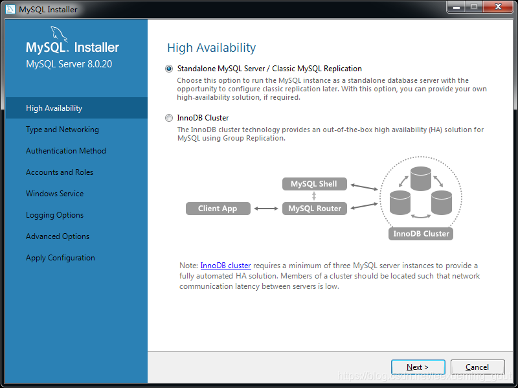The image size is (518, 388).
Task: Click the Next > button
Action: [418, 367]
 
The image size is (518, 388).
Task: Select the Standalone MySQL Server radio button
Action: [170, 69]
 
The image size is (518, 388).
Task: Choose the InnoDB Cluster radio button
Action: [170, 118]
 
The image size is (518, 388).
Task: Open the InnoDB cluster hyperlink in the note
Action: [225, 266]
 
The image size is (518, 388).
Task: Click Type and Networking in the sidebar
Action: [62, 130]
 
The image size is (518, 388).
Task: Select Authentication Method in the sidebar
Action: [65, 151]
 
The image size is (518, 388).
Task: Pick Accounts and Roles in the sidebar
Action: [59, 172]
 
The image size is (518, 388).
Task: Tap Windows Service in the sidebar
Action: [54, 194]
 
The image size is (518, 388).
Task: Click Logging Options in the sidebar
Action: [54, 215]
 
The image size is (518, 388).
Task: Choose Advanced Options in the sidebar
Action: [58, 236]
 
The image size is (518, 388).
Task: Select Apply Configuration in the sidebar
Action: [60, 258]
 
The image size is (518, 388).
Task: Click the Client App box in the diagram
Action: [218, 209]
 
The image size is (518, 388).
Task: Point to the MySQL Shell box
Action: [314, 184]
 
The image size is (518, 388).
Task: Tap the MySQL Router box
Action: [314, 209]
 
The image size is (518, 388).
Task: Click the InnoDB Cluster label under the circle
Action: [421, 234]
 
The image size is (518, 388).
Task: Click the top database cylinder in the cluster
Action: [420, 178]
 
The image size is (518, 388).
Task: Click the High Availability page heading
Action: [211, 48]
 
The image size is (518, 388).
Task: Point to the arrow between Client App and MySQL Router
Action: [265, 209]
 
